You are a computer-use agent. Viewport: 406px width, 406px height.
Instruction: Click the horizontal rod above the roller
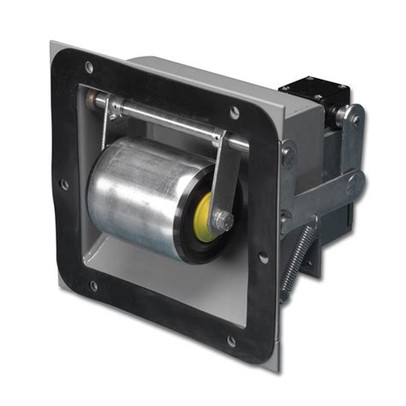point(163,115)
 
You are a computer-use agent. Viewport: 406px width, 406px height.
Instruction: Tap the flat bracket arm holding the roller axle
point(227,176)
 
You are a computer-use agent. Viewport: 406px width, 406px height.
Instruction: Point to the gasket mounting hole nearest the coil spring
point(264,256)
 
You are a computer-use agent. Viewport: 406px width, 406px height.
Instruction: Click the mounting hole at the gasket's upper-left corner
point(88,67)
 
